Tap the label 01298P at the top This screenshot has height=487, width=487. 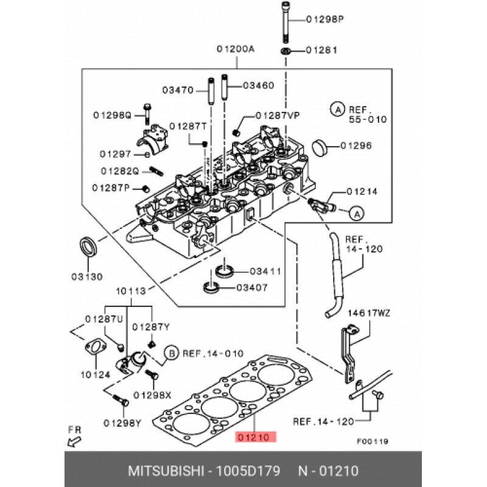coord(325,19)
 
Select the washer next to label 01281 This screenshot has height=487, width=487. coord(286,51)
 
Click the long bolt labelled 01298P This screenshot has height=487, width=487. coord(286,22)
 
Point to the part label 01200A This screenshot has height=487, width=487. coord(236,49)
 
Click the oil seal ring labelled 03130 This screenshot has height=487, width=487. coord(89,247)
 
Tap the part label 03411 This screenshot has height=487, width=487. coord(265,272)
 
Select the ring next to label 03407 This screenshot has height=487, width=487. coord(211,287)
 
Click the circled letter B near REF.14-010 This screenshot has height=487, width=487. coord(172,353)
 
